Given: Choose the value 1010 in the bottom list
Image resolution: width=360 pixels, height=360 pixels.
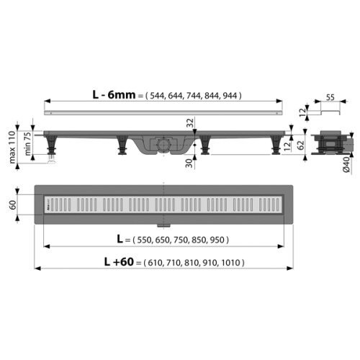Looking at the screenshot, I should [231, 264].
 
